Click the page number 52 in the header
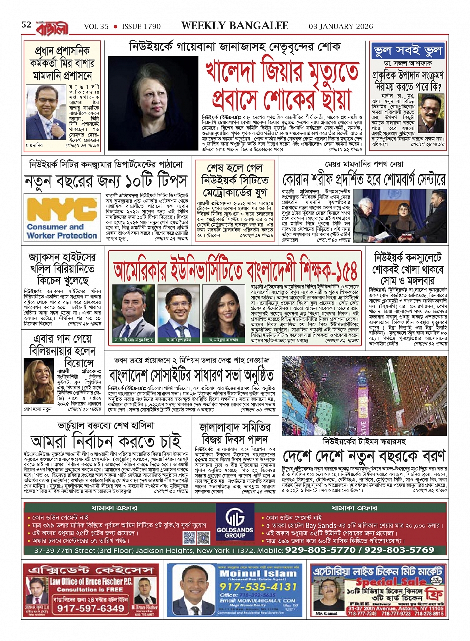(26, 25)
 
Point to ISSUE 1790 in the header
(141, 26)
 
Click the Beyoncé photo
(39, 380)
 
